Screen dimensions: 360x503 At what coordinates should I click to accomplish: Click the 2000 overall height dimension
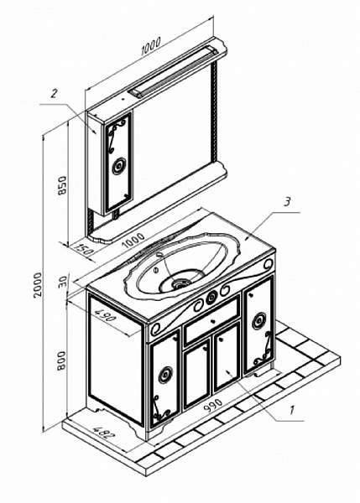pos(38,285)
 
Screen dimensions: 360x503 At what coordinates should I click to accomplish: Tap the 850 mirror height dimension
pos(62,185)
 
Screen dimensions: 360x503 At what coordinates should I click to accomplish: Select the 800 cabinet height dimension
pos(61,360)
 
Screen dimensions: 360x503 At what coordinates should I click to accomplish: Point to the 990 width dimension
pos(213,405)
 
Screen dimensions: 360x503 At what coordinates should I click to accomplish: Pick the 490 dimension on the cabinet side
pos(104,314)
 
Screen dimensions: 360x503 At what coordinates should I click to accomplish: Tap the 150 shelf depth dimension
pos(84,250)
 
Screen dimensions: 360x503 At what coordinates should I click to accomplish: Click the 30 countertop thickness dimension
pos(64,282)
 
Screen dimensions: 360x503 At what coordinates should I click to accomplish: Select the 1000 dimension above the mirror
pos(151,46)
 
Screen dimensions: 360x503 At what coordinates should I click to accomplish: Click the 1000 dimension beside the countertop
pos(133,241)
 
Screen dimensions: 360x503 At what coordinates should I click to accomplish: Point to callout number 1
pos(292,410)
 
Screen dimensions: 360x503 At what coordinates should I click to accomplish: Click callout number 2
pos(54,94)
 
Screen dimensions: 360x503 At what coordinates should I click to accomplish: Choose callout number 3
pos(287,202)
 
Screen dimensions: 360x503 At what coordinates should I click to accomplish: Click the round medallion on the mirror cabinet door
pos(119,166)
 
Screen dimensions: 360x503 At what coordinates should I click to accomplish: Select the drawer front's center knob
pos(212,320)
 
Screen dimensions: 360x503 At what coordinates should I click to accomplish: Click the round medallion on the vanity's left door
pos(166,375)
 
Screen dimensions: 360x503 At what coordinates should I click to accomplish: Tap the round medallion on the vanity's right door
pos(258,321)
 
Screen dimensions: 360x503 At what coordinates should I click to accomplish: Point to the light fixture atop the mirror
pos(173,71)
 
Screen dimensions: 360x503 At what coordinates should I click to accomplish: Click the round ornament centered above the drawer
pos(211,298)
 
